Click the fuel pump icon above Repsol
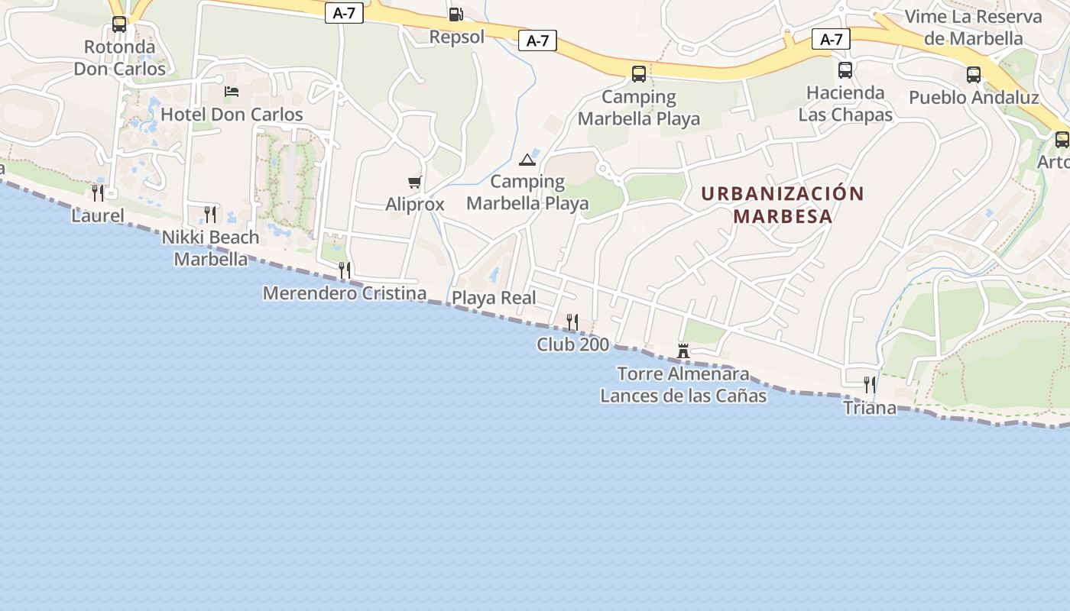pyautogui.click(x=456, y=14)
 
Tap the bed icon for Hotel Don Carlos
pyautogui.click(x=232, y=92)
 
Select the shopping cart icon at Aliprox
pyautogui.click(x=415, y=182)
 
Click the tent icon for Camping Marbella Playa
pyautogui.click(x=527, y=160)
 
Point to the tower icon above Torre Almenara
pyautogui.click(x=683, y=351)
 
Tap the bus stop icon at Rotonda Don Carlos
pyautogui.click(x=119, y=24)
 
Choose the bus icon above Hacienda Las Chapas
pyautogui.click(x=845, y=70)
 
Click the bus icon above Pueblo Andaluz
pyautogui.click(x=973, y=75)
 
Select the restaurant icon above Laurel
pyautogui.click(x=98, y=192)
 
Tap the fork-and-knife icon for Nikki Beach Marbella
pyautogui.click(x=210, y=214)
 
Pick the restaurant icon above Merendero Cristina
pyautogui.click(x=345, y=270)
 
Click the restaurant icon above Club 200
pyautogui.click(x=572, y=322)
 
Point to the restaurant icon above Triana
pyautogui.click(x=870, y=384)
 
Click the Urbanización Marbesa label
pyautogui.click(x=783, y=205)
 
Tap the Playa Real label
pyautogui.click(x=494, y=298)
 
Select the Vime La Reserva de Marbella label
pyautogui.click(x=973, y=27)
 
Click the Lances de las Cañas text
pyautogui.click(x=683, y=396)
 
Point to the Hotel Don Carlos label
pyautogui.click(x=232, y=115)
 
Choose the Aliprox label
pyautogui.click(x=415, y=205)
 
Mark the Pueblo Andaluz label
pyautogui.click(x=974, y=98)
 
